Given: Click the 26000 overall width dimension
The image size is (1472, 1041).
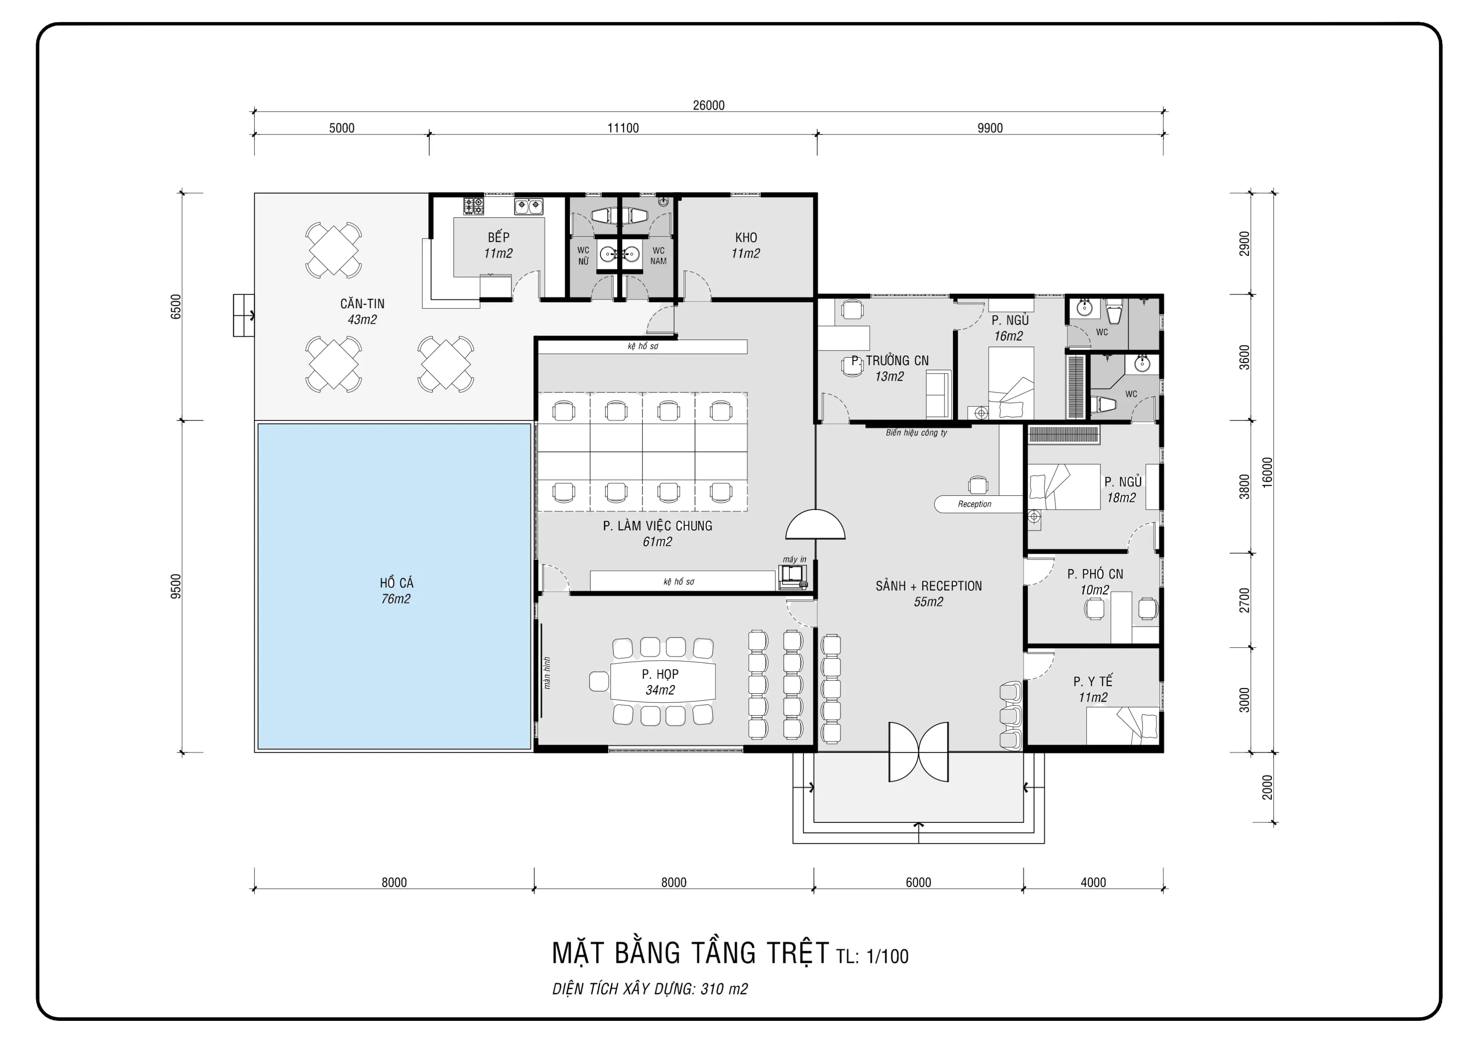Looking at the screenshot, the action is tap(708, 105).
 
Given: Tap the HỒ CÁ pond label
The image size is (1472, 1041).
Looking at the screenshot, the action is tap(396, 582).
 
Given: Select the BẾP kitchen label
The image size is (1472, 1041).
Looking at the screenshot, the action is tap(498, 237).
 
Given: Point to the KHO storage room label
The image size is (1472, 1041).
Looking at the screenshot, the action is tap(746, 237).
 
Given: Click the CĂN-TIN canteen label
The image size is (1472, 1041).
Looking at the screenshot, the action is tap(362, 303).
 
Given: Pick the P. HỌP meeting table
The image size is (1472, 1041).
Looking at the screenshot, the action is tap(662, 681).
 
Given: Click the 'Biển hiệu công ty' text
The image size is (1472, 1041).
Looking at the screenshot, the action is tap(916, 433).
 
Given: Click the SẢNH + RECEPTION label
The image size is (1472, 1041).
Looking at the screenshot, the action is tap(928, 586).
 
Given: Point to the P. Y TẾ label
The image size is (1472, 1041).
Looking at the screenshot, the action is tap(1093, 681).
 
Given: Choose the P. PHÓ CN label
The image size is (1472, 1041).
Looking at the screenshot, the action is tap(1095, 574).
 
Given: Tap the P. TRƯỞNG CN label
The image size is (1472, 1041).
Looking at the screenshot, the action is tap(890, 361).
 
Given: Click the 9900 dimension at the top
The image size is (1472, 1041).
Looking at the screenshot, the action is tap(990, 128).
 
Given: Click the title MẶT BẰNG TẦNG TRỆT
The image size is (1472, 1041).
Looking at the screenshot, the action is tap(691, 953).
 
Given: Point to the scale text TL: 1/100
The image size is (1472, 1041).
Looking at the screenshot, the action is tap(872, 956).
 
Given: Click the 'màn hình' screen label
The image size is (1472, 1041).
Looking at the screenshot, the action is tap(547, 673).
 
